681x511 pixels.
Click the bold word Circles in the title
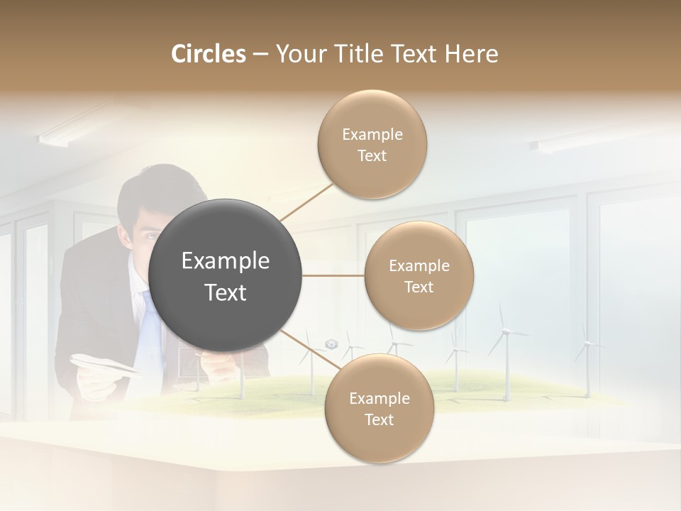(x=209, y=54)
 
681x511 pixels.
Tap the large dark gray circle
(x=226, y=275)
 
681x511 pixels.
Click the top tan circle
(x=372, y=144)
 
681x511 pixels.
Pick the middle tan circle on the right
(x=419, y=275)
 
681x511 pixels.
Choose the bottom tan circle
(x=379, y=408)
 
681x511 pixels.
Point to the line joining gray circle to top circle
(x=306, y=202)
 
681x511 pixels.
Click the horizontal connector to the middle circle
(x=333, y=275)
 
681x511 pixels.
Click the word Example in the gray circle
(x=226, y=261)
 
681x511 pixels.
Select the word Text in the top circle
(x=372, y=156)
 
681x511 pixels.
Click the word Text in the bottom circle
(x=379, y=420)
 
